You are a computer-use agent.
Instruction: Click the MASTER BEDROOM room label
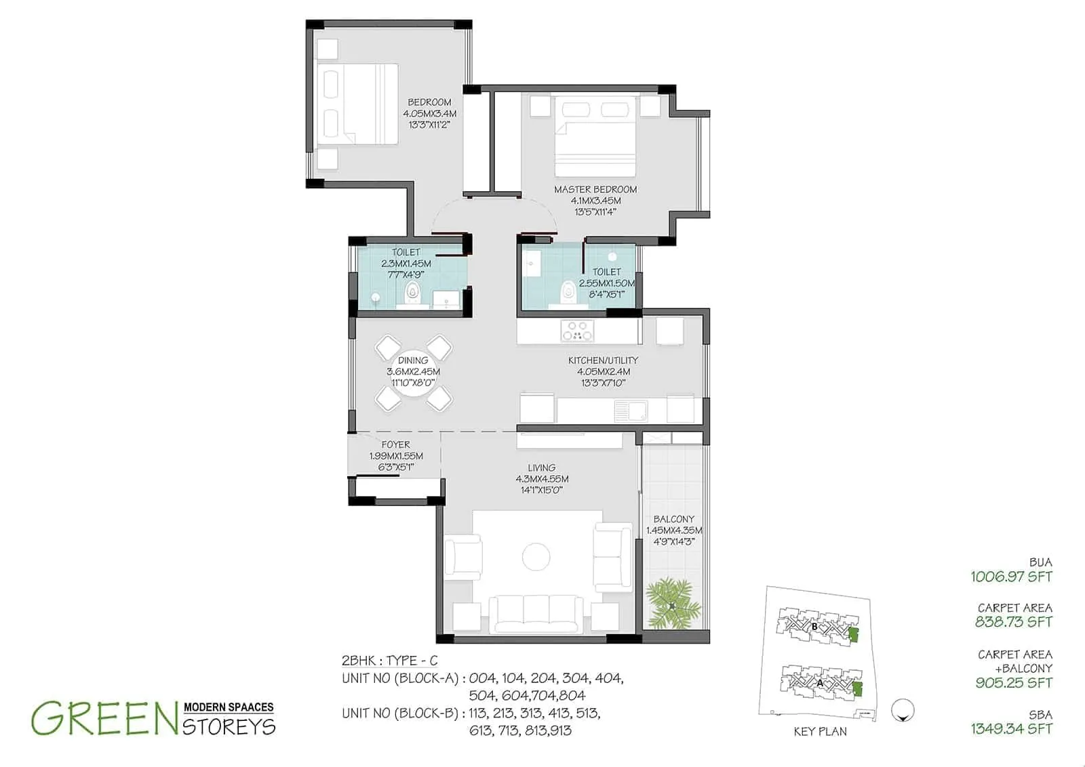[595, 190]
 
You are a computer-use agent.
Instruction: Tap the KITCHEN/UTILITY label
[603, 360]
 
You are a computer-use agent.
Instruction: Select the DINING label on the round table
[413, 360]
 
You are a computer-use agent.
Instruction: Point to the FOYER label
[395, 445]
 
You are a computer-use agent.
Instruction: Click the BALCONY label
[673, 519]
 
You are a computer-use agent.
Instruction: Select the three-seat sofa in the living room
[535, 613]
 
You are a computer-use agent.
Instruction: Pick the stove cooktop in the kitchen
[576, 331]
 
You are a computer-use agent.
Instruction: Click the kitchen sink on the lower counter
[630, 409]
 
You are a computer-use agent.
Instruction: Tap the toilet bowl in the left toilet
[412, 294]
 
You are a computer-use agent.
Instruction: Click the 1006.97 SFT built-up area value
[1010, 577]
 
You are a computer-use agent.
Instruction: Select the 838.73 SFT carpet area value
[1013, 622]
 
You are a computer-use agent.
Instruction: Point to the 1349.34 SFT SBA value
[1010, 729]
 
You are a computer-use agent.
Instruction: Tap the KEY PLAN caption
[820, 732]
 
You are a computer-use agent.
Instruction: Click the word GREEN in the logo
[99, 719]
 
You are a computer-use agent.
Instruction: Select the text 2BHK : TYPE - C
[390, 661]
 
